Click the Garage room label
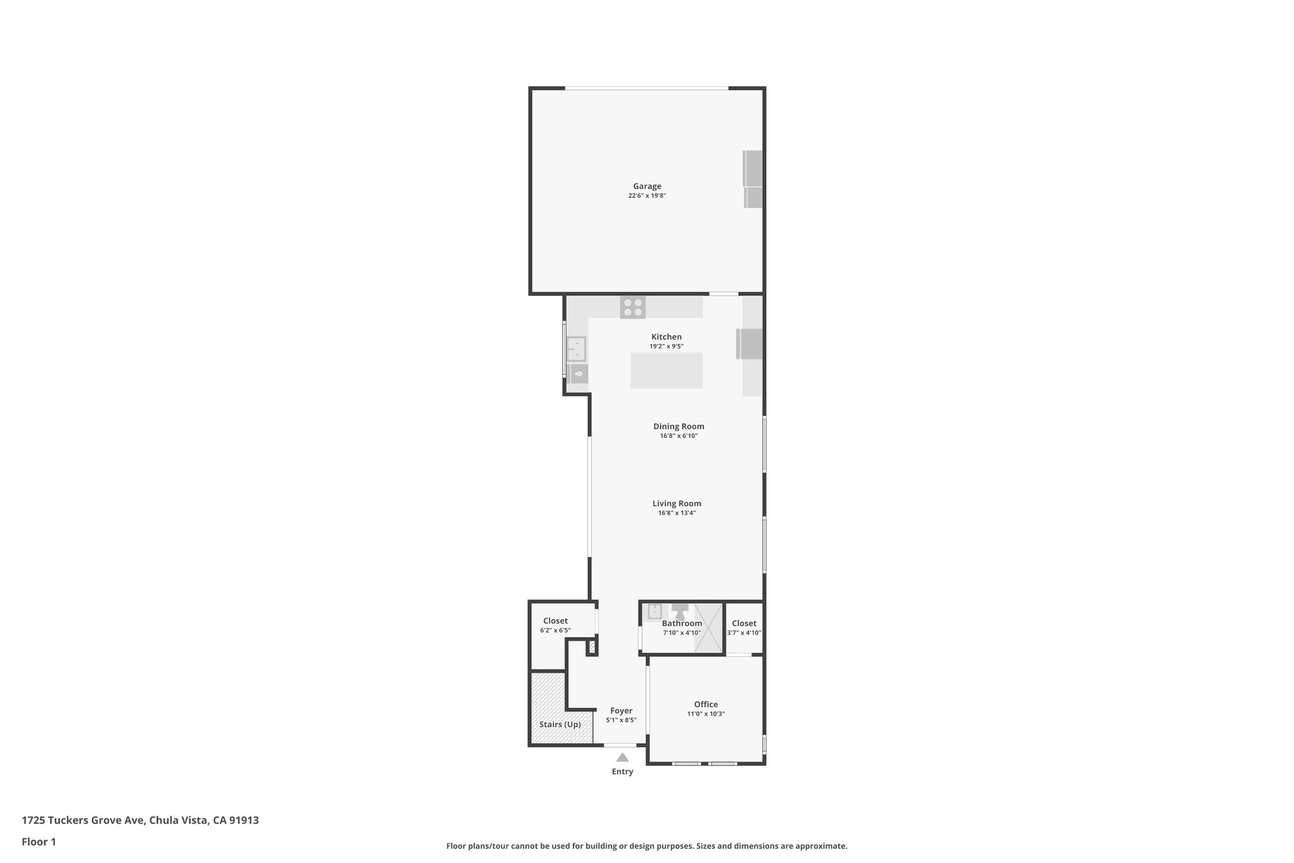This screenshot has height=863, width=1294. (x=647, y=186)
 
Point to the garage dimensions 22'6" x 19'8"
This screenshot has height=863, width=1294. (x=647, y=196)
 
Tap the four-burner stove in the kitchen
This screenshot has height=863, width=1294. (x=632, y=307)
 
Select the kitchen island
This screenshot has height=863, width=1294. (x=667, y=370)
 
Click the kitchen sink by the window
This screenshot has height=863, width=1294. (x=576, y=348)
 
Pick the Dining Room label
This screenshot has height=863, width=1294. (x=679, y=426)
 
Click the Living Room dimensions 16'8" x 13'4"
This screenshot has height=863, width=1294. (x=677, y=513)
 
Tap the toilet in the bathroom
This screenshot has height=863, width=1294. (x=680, y=611)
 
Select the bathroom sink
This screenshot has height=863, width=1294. (x=655, y=611)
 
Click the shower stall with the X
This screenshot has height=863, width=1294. (x=708, y=627)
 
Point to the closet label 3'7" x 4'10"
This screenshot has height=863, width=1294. (x=744, y=633)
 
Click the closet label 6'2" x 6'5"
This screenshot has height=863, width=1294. (x=555, y=630)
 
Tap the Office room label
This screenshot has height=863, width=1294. (x=706, y=704)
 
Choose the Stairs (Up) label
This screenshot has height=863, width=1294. (x=560, y=725)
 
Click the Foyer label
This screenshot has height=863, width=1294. (x=621, y=711)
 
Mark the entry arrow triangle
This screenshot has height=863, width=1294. (x=622, y=757)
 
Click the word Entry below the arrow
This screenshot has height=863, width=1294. (x=622, y=772)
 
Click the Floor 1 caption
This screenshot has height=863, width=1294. (x=39, y=842)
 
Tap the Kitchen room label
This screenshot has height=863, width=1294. (x=667, y=337)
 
